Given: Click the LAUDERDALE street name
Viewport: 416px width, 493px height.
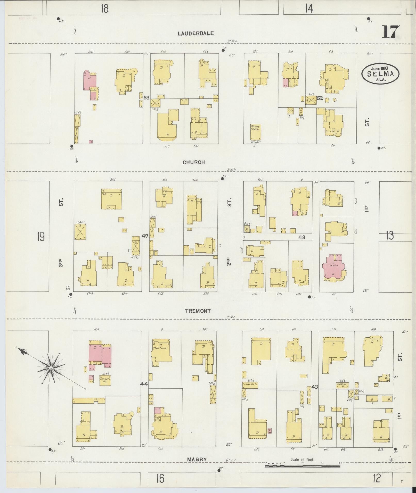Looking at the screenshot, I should click(x=196, y=33).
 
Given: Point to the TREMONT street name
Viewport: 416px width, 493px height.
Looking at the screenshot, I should click(x=198, y=311).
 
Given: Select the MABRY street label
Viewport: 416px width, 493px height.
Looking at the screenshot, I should click(x=197, y=459).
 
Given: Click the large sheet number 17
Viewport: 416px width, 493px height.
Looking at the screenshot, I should click(x=391, y=32).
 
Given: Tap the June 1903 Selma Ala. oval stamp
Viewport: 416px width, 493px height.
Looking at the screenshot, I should click(x=380, y=73).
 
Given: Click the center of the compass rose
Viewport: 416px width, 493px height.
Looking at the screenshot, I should click(x=51, y=369).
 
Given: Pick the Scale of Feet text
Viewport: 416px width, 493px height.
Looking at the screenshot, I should click(x=302, y=459).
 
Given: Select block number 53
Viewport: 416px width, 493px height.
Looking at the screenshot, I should click(x=146, y=98).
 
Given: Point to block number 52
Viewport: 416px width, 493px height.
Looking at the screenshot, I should click(x=320, y=98).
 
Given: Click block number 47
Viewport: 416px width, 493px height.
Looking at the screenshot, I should click(x=145, y=236).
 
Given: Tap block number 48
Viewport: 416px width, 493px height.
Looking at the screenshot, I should click(x=301, y=237).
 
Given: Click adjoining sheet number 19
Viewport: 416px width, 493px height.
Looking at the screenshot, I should click(x=41, y=236).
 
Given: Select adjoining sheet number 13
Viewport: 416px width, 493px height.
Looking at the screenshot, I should click(x=389, y=236).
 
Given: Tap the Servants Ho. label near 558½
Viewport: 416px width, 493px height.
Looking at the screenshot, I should click(x=105, y=380).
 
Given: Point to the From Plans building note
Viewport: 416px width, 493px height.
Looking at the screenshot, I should click(x=159, y=348).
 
